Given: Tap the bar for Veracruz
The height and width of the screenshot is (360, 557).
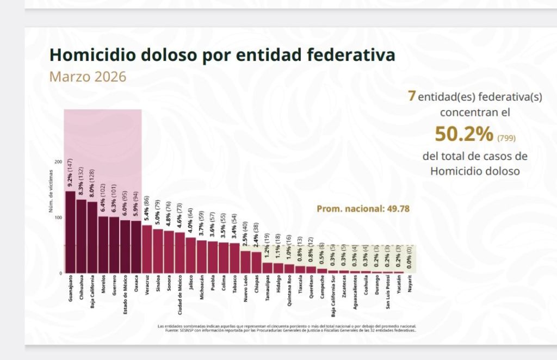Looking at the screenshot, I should click(x=147, y=249).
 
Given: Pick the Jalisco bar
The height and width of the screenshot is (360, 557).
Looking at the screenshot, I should click(x=190, y=255).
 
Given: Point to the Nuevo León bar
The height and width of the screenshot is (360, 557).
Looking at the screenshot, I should click(x=245, y=262).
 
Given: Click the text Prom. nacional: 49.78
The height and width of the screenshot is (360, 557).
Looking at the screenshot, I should click(x=363, y=208).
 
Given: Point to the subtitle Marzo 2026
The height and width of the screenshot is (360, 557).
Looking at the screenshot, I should click(x=88, y=77).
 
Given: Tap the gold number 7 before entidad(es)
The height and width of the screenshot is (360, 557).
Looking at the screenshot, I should click(x=412, y=96).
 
